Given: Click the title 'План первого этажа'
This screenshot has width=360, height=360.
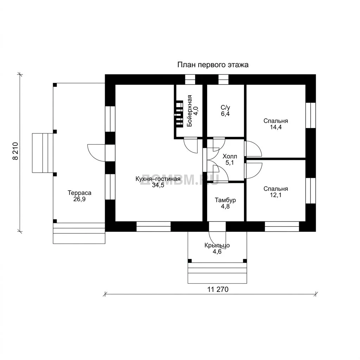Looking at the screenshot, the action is pos(213,65).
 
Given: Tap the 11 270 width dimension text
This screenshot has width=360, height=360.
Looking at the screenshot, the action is pos(218,290).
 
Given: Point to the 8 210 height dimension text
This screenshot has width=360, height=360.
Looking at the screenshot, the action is pos(15,151).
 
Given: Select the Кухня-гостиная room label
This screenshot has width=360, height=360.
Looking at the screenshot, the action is pos(158,179).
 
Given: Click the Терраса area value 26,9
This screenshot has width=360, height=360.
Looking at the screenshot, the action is pos(79,199).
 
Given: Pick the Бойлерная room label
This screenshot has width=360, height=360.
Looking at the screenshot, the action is pos(189,111).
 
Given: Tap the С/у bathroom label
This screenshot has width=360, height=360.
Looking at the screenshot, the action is pos(225,108).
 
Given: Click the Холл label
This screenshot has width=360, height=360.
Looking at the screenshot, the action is pos(230,156).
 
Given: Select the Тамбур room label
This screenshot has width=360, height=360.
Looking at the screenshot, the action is pos(225,200).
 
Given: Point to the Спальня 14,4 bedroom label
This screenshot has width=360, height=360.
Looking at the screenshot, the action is pos(276,121).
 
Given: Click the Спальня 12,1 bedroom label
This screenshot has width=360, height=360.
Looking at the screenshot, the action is pos(276,189).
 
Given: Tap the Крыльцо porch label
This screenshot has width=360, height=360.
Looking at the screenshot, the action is pos(217,245).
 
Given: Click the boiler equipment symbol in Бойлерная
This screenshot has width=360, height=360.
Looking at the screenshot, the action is pos(178,114).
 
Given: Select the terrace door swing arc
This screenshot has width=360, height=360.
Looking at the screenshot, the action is pos(96,153).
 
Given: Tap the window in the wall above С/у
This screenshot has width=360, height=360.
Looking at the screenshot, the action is pos(224,79).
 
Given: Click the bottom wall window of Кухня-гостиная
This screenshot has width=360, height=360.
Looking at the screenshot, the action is pos(154,226).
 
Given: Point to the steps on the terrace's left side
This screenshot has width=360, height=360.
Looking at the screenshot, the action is pos(43,153).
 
